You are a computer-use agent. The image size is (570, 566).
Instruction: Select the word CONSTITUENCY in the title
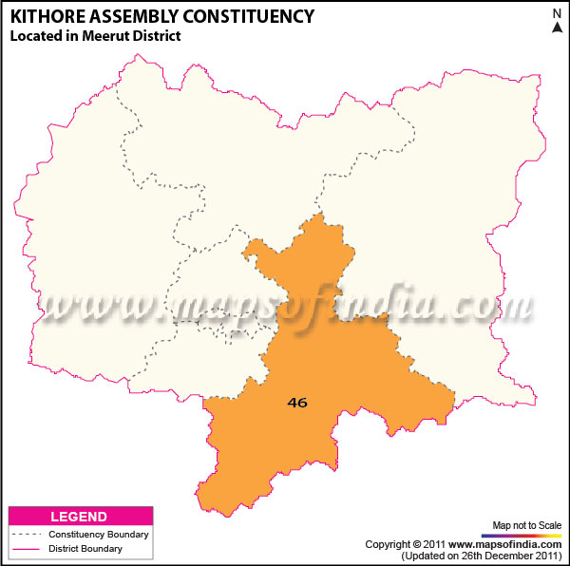[x=251, y=17]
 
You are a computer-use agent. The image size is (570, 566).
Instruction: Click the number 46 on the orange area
[x=297, y=403]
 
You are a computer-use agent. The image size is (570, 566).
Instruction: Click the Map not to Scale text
[x=526, y=525]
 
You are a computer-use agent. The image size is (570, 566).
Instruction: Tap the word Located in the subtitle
[x=36, y=36]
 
